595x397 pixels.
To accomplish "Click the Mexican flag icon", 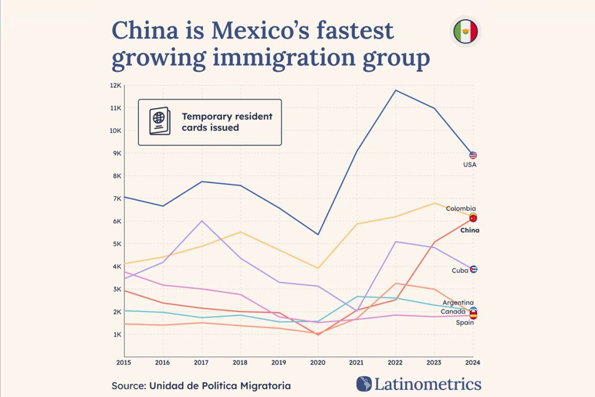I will pos(465,31).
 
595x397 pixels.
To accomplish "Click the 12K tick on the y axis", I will pos(115,85).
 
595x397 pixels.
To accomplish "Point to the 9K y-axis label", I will pos(116,153).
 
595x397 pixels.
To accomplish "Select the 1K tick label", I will pos(116,335).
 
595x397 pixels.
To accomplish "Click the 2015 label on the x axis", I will pos(124,363).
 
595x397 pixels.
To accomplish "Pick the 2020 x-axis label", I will pos(318,363).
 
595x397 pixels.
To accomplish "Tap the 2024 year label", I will pos(473,363).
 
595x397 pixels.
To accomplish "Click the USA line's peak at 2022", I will pos(396,90).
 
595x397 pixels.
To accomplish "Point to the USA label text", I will pos(470,165).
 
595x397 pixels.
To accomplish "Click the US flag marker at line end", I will pos(473,155).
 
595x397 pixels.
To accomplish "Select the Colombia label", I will pos(461,209).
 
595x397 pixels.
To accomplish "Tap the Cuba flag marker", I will pos(474,269).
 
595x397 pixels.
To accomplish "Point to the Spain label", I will pos(464,323).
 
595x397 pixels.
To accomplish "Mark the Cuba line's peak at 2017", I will pos(202,221).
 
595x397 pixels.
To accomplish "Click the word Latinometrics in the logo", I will pos(427,384).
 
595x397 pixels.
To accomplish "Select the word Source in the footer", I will pos(128,385).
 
